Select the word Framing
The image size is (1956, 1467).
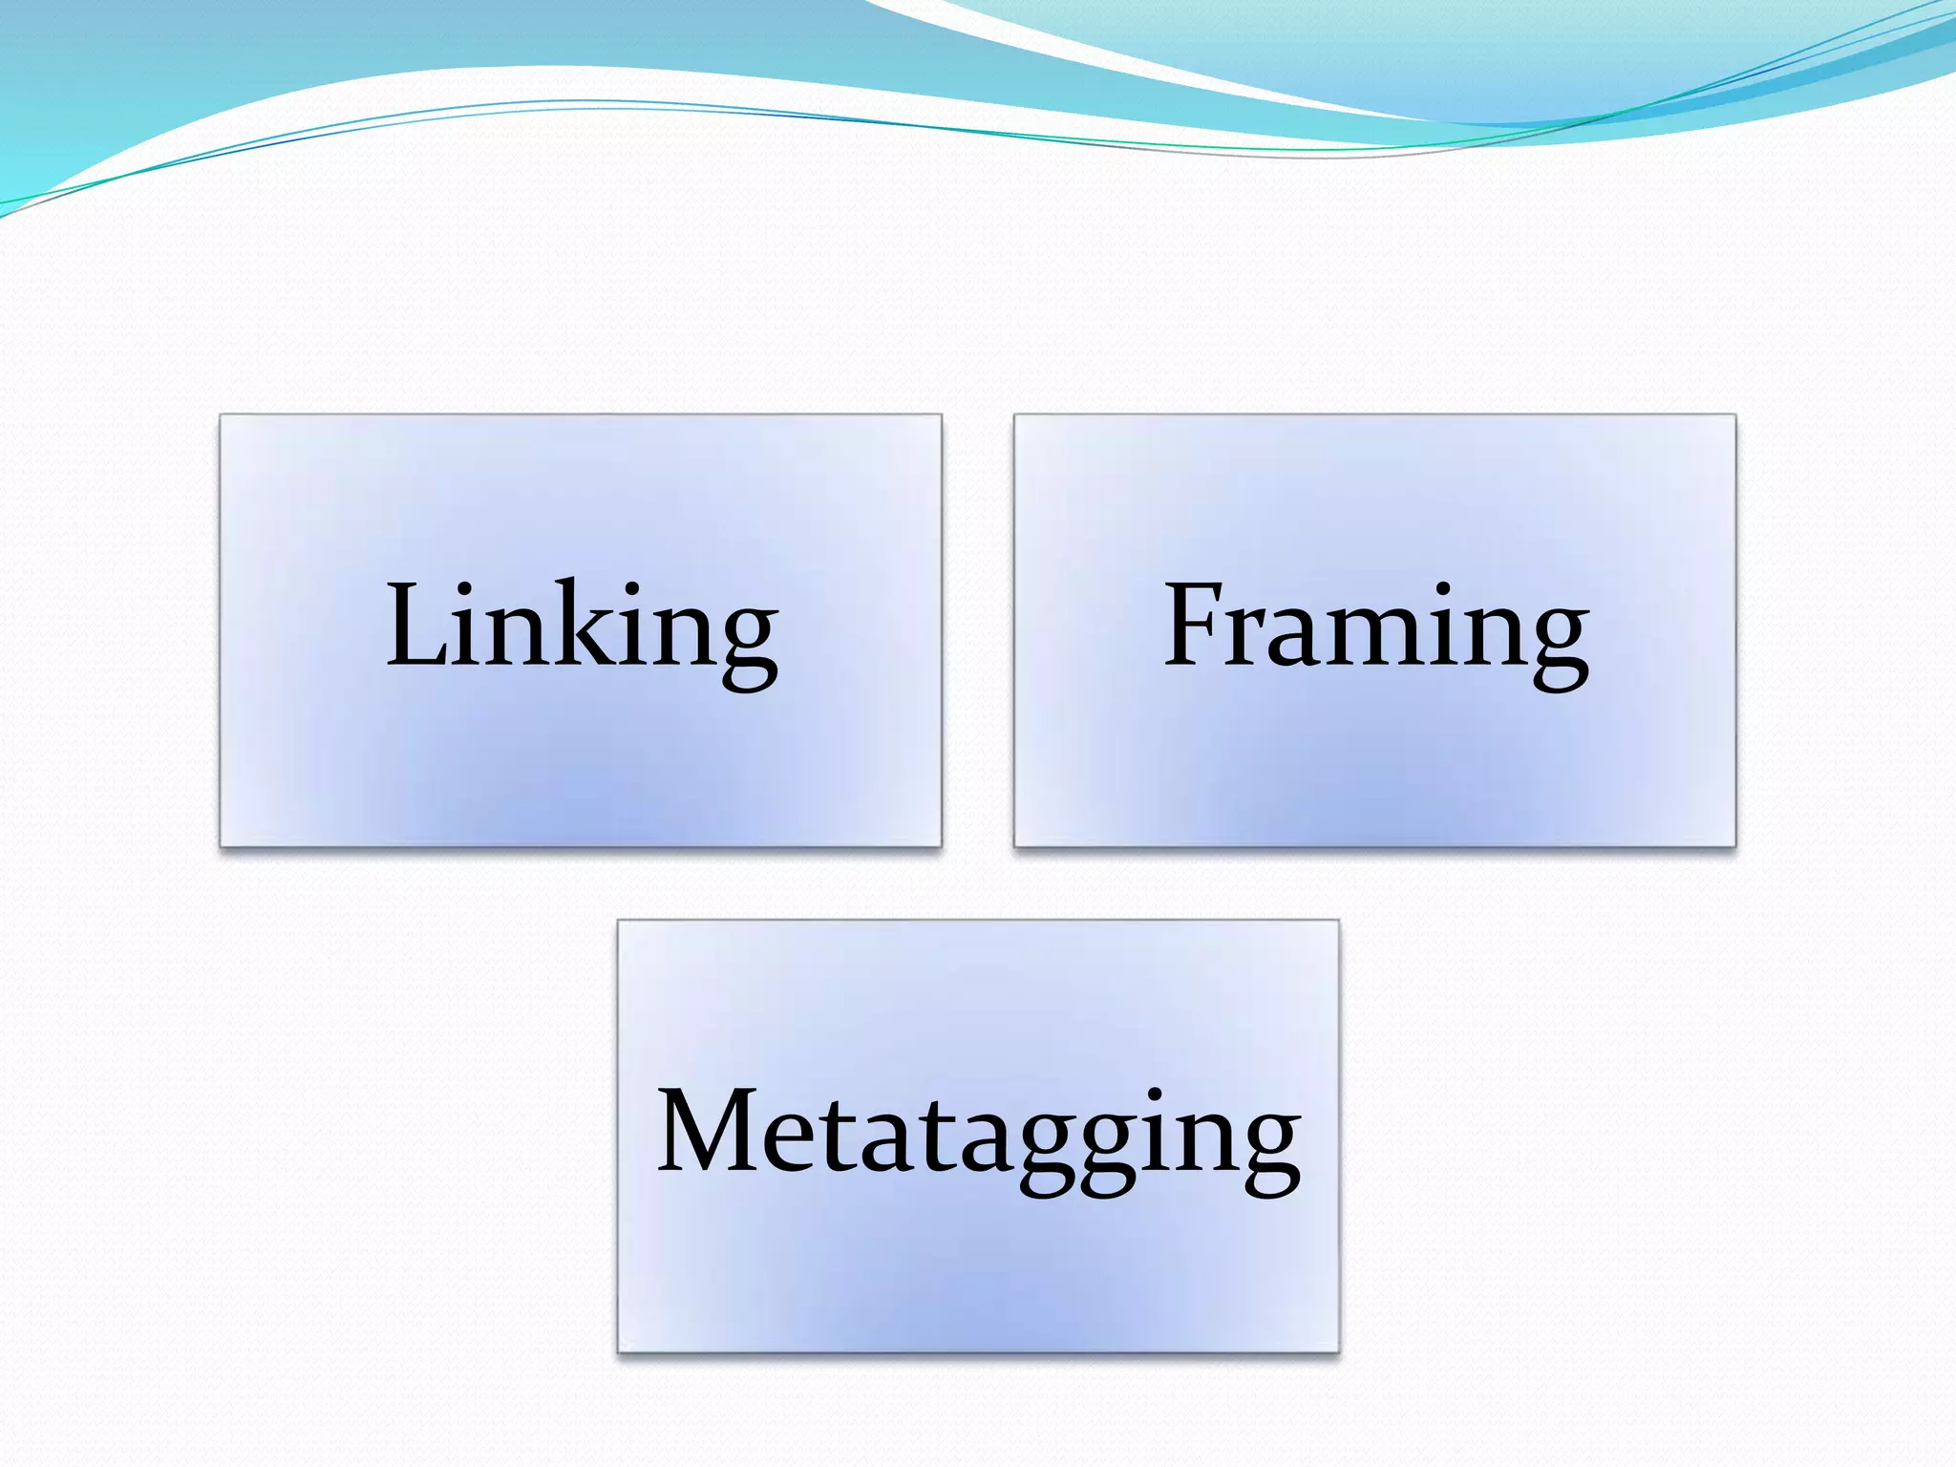point(1375,630)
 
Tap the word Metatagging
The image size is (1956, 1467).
point(978,1137)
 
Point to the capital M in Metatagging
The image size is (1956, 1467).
point(707,1132)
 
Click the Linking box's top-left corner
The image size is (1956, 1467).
point(221,415)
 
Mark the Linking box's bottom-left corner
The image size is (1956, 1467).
point(221,845)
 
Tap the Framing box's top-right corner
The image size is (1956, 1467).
point(1734,415)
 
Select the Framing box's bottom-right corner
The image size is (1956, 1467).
point(1734,845)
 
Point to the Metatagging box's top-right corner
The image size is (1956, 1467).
point(1338,921)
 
